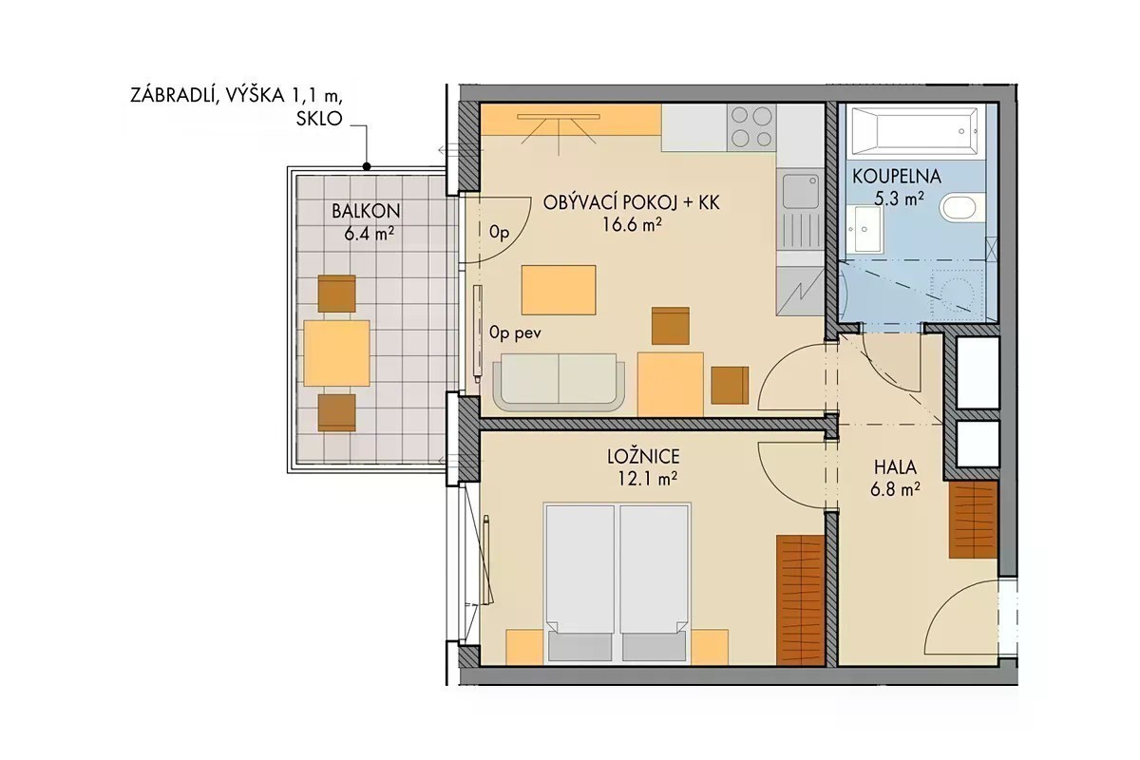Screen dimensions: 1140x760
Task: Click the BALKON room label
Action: pos(366,211)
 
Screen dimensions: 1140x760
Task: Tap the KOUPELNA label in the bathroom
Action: pos(897,177)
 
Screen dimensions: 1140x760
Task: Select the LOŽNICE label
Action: pos(643,457)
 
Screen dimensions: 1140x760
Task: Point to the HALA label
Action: pos(895,467)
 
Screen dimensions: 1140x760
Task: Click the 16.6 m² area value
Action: pos(632,224)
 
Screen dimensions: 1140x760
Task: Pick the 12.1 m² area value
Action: pos(647,479)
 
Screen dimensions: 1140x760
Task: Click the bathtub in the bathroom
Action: pos(915,131)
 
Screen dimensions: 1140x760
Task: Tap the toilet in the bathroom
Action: pos(959,208)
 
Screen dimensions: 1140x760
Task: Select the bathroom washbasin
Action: pos(867,229)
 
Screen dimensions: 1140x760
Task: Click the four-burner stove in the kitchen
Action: pos(751,127)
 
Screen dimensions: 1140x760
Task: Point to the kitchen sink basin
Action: pos(801,191)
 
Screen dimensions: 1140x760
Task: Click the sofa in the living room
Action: pos(559,382)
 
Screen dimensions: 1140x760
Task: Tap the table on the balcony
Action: pos(337,352)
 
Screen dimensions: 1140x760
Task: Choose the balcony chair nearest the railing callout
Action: pos(337,294)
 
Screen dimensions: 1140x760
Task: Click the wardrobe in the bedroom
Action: pos(800,599)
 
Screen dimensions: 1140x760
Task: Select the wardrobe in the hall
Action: pos(973,520)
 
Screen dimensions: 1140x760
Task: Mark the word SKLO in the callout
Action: pos(319,119)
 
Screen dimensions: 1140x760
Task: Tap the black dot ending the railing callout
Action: pos(367,166)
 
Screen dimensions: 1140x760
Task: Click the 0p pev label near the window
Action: pos(515,332)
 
